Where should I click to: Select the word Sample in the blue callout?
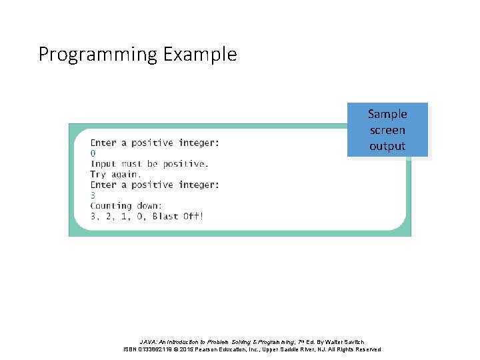[x=387, y=114]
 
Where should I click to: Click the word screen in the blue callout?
[x=387, y=130]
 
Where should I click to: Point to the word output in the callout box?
[x=387, y=146]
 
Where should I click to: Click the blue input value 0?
[x=93, y=153]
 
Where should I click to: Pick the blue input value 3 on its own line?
[x=93, y=195]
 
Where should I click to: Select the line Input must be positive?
[x=149, y=164]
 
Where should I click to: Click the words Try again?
[x=115, y=174]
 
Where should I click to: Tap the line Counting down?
[x=125, y=206]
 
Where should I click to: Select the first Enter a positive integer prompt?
[x=155, y=143]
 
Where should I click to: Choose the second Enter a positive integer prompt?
[x=155, y=185]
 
